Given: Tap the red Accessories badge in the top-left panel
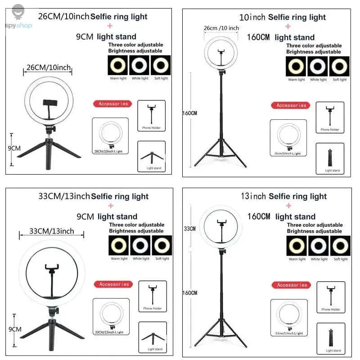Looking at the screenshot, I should click(x=113, y=104).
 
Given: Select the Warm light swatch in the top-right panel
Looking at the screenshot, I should click(x=296, y=67).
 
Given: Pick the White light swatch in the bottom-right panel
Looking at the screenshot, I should click(x=319, y=246).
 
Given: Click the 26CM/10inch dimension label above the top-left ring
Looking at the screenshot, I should click(x=49, y=67).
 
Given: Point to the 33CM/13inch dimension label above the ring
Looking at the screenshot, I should click(x=52, y=231).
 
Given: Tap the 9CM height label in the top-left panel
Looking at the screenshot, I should click(x=14, y=148).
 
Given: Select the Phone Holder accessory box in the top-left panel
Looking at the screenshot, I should click(x=151, y=116).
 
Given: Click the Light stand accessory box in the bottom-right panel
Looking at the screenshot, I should click(x=333, y=338).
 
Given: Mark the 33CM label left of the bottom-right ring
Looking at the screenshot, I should click(x=190, y=229).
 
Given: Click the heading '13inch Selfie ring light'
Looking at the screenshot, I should click(x=283, y=196).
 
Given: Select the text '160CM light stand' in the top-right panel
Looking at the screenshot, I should click(x=281, y=37).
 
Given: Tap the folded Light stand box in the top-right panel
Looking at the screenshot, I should click(x=333, y=158).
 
